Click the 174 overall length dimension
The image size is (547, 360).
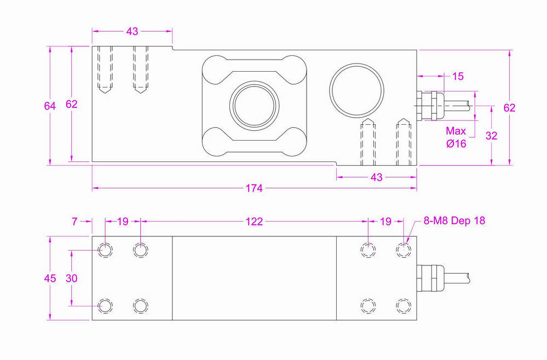click(254, 188)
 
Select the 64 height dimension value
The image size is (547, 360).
click(50, 106)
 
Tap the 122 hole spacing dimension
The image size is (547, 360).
click(254, 222)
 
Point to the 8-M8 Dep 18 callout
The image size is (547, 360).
click(454, 220)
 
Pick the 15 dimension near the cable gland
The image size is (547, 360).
click(458, 77)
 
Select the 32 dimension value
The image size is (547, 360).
click(491, 136)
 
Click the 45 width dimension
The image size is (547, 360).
click(50, 278)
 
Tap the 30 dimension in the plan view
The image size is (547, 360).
click(72, 278)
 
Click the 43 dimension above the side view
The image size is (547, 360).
click(132, 32)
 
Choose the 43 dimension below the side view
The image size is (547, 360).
click(377, 177)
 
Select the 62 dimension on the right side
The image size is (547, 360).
click(509, 108)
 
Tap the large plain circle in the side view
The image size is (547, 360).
click(355, 90)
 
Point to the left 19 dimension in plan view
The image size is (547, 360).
click(123, 222)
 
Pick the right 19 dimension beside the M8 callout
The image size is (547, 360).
click(385, 222)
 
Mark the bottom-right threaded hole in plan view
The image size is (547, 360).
click(403, 305)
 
